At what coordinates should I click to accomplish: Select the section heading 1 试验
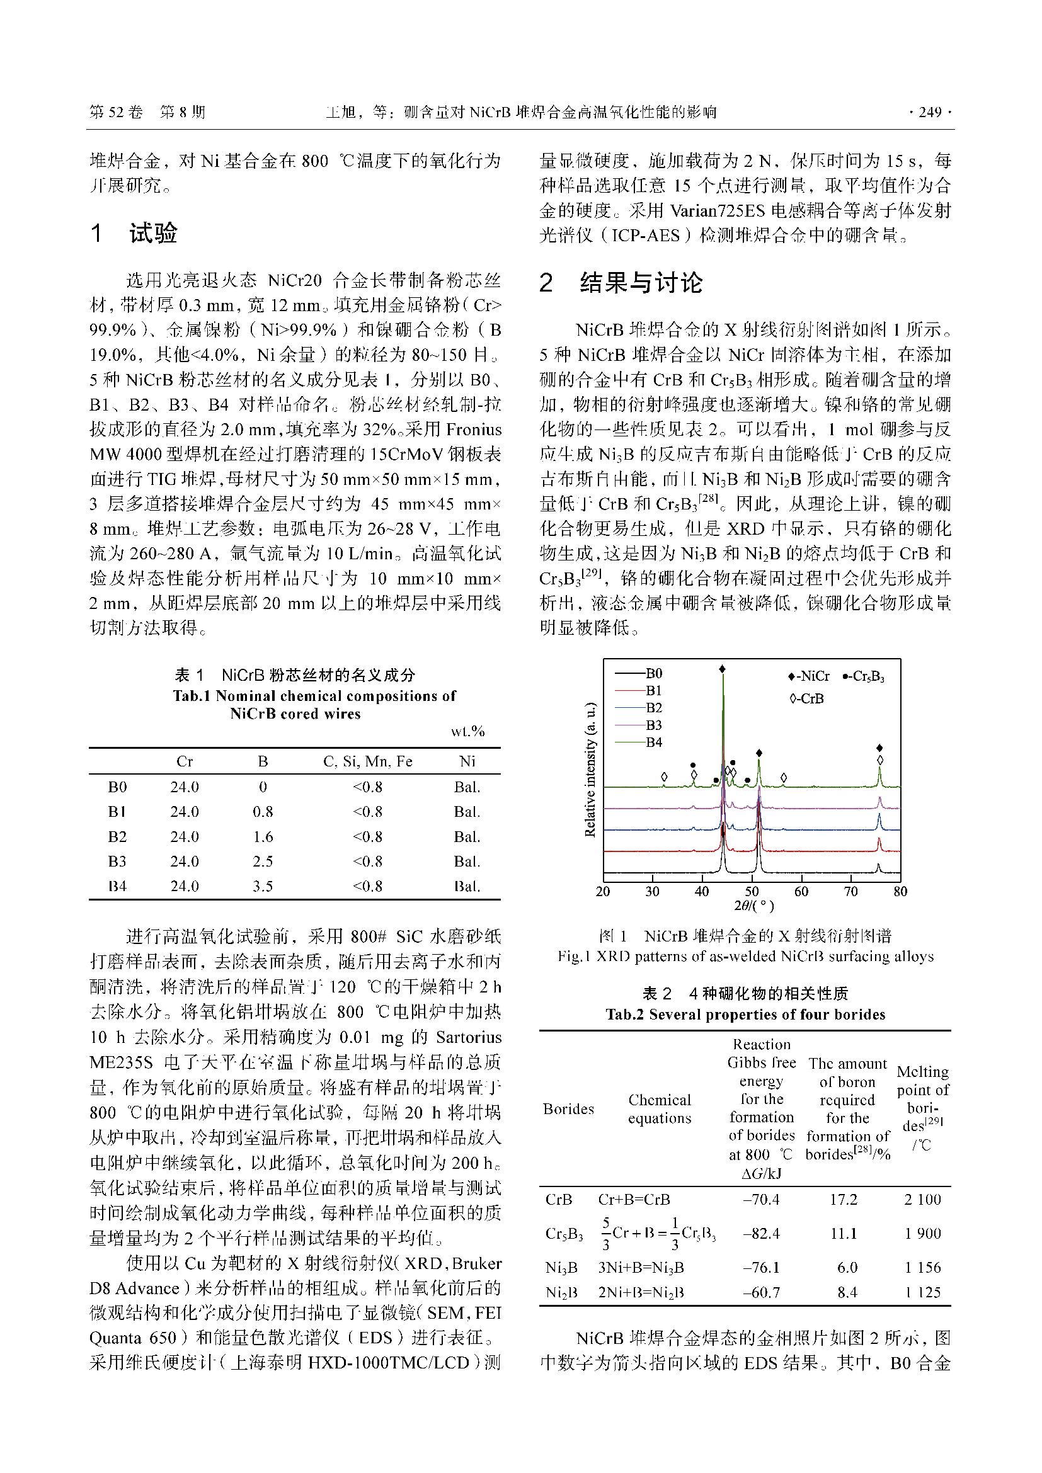coord(134,234)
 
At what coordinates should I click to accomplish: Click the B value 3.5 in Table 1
coord(263,887)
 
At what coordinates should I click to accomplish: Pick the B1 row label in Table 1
coord(117,812)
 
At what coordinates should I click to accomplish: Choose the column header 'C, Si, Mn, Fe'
coord(368,761)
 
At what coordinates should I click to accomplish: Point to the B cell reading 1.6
coord(263,837)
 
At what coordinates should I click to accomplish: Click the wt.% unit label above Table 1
coord(467,731)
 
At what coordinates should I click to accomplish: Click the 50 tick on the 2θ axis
coord(752,891)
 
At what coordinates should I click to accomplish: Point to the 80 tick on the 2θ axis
coord(900,891)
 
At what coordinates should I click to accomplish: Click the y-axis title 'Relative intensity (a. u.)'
coord(590,770)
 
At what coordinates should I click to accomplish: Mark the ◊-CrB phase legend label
coord(806,698)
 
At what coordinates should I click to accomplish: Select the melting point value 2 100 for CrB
coord(923,1199)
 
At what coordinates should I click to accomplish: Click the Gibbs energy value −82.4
coord(761,1233)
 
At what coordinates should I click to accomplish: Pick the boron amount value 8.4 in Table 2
coord(847,1293)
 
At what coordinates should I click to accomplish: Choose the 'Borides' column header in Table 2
coord(568,1108)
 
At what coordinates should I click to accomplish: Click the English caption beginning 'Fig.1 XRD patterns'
coord(745,957)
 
